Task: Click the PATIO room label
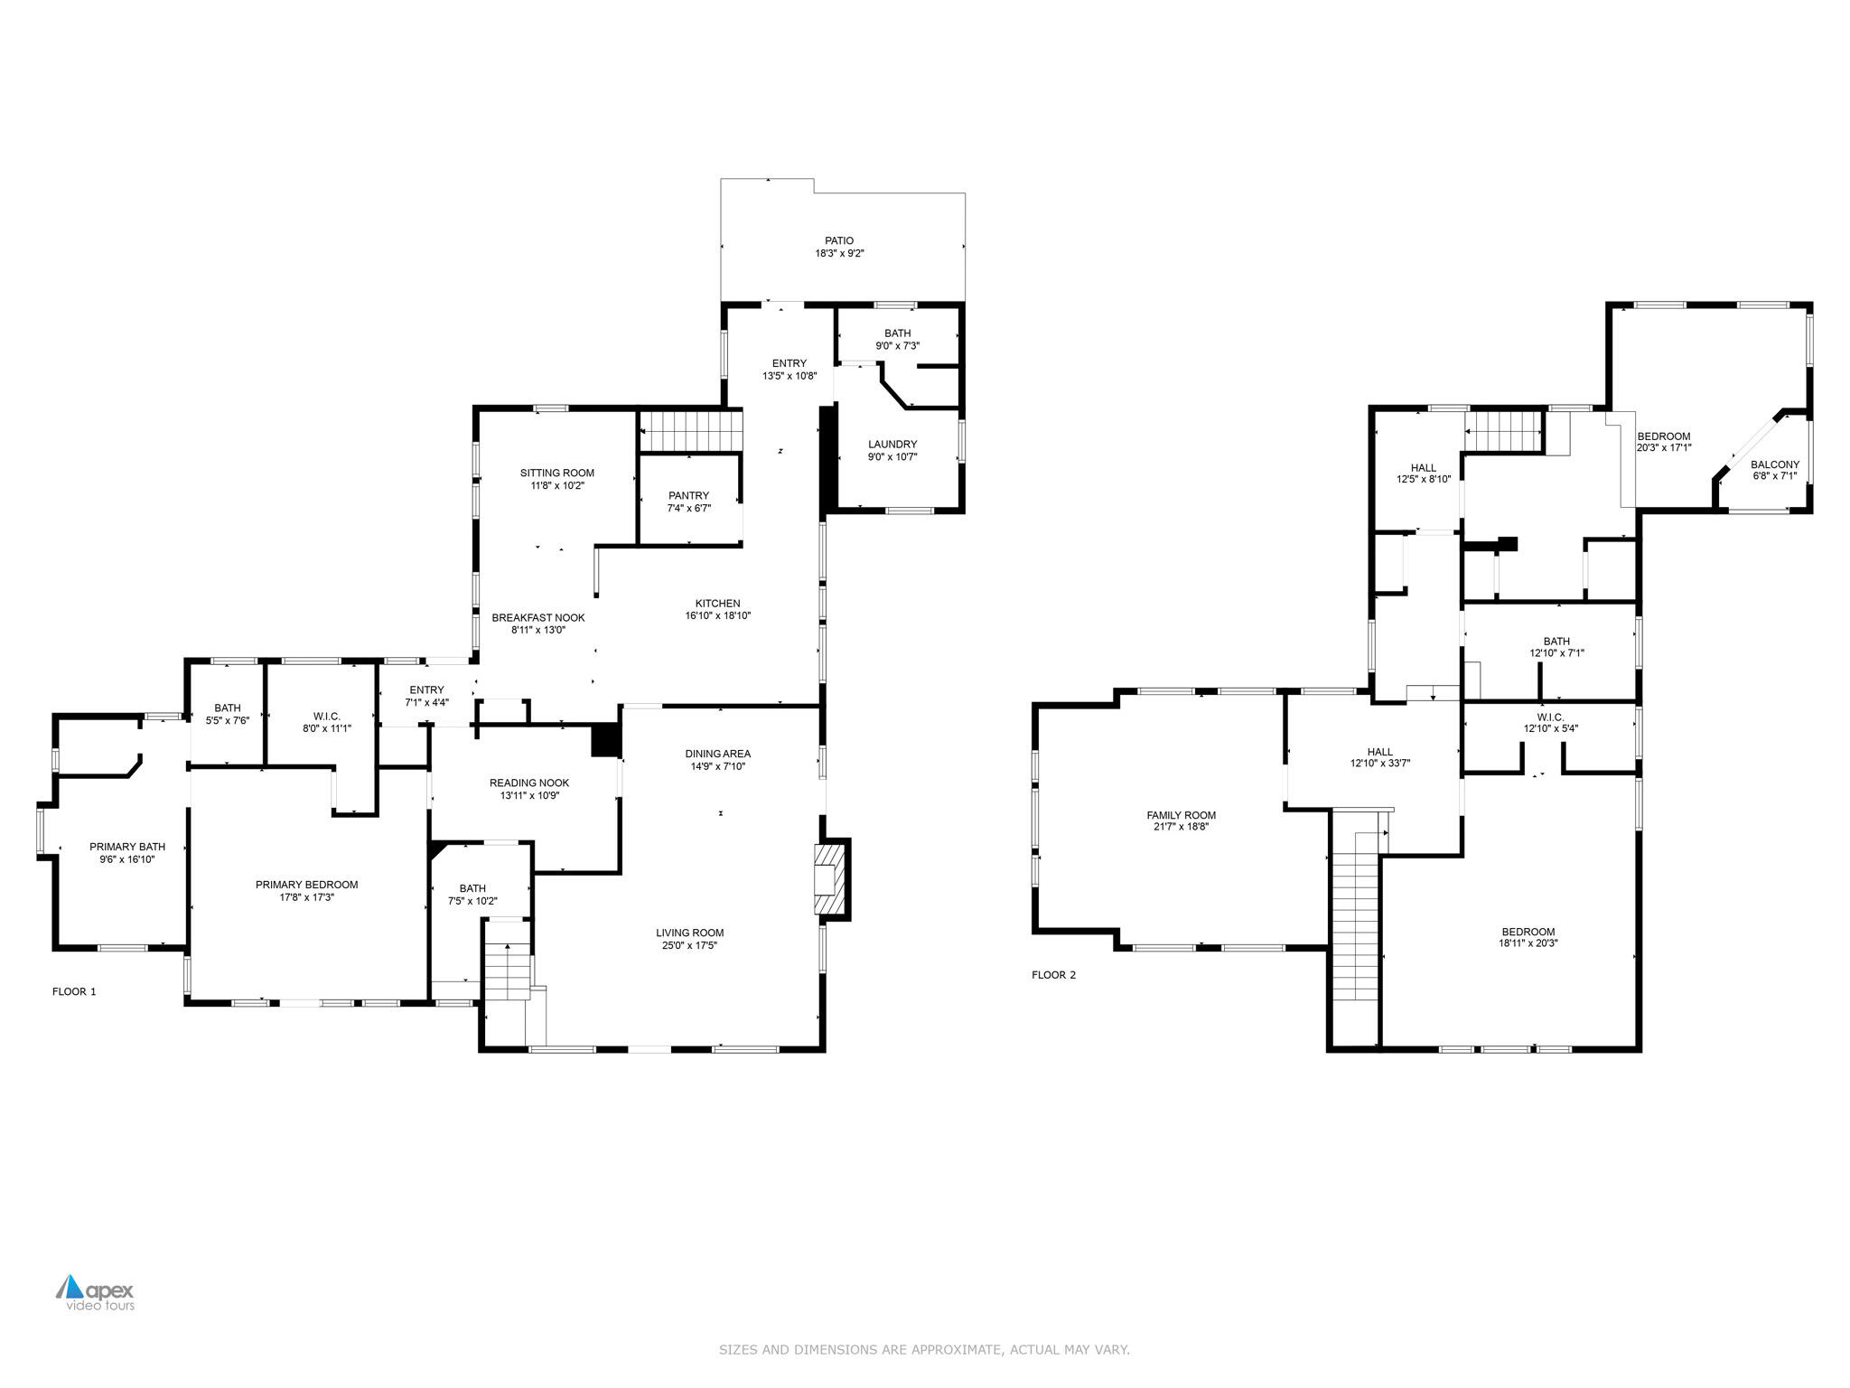pyautogui.click(x=838, y=240)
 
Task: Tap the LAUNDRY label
pyautogui.click(x=892, y=444)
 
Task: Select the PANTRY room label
pyautogui.click(x=688, y=495)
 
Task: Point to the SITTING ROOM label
pyautogui.click(x=557, y=473)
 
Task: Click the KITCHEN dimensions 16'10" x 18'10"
pyautogui.click(x=717, y=616)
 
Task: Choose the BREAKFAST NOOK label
pyautogui.click(x=538, y=618)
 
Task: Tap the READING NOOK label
pyautogui.click(x=529, y=783)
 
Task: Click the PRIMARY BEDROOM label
pyautogui.click(x=306, y=885)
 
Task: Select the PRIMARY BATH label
pyautogui.click(x=127, y=847)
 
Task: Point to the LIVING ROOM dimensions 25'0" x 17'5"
pyautogui.click(x=689, y=946)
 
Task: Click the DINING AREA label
pyautogui.click(x=717, y=754)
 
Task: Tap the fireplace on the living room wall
pyautogui.click(x=827, y=880)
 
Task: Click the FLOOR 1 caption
pyautogui.click(x=74, y=991)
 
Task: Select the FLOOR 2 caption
pyautogui.click(x=1053, y=975)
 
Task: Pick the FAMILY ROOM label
pyautogui.click(x=1181, y=815)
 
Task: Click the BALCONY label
pyautogui.click(x=1775, y=464)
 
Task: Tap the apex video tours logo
pyautogui.click(x=96, y=1292)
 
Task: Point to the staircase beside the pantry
pyautogui.click(x=691, y=431)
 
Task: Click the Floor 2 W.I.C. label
pyautogui.click(x=1550, y=717)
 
